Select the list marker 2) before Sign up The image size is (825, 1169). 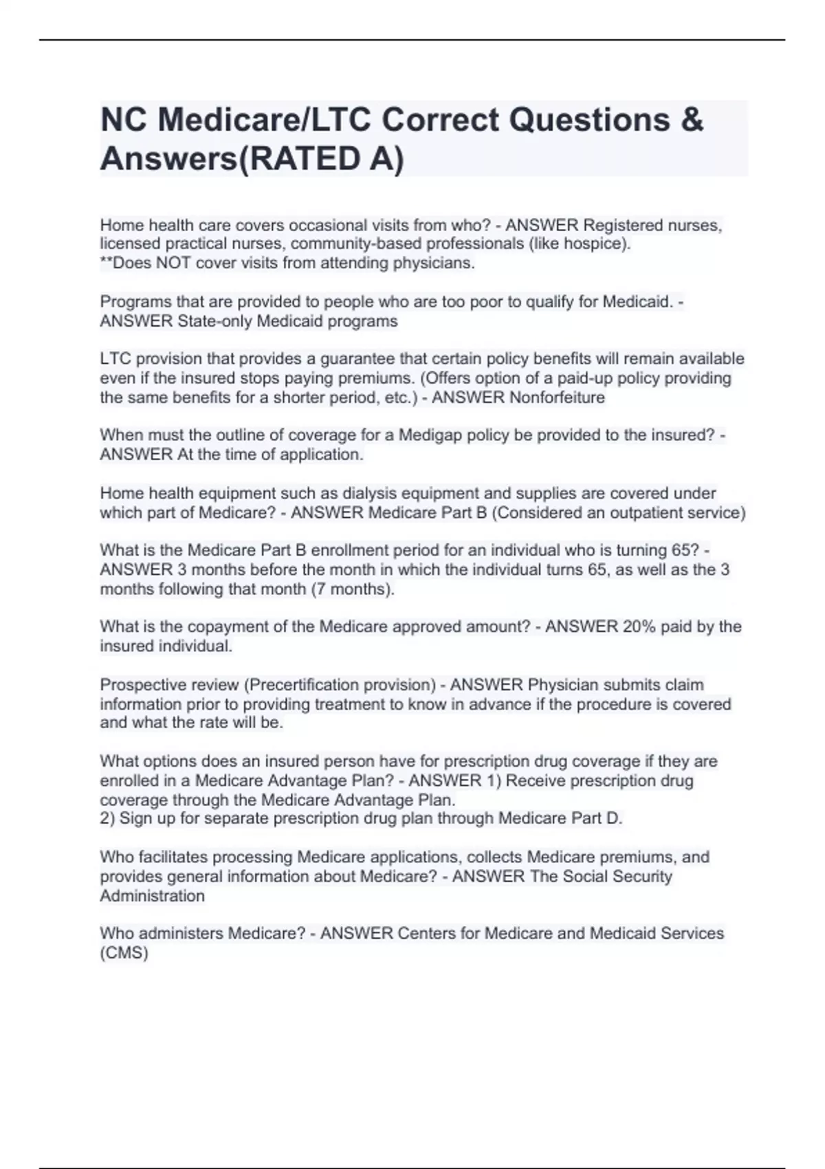(x=108, y=818)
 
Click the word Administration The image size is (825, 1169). (x=153, y=896)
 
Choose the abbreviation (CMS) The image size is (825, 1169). (x=124, y=953)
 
